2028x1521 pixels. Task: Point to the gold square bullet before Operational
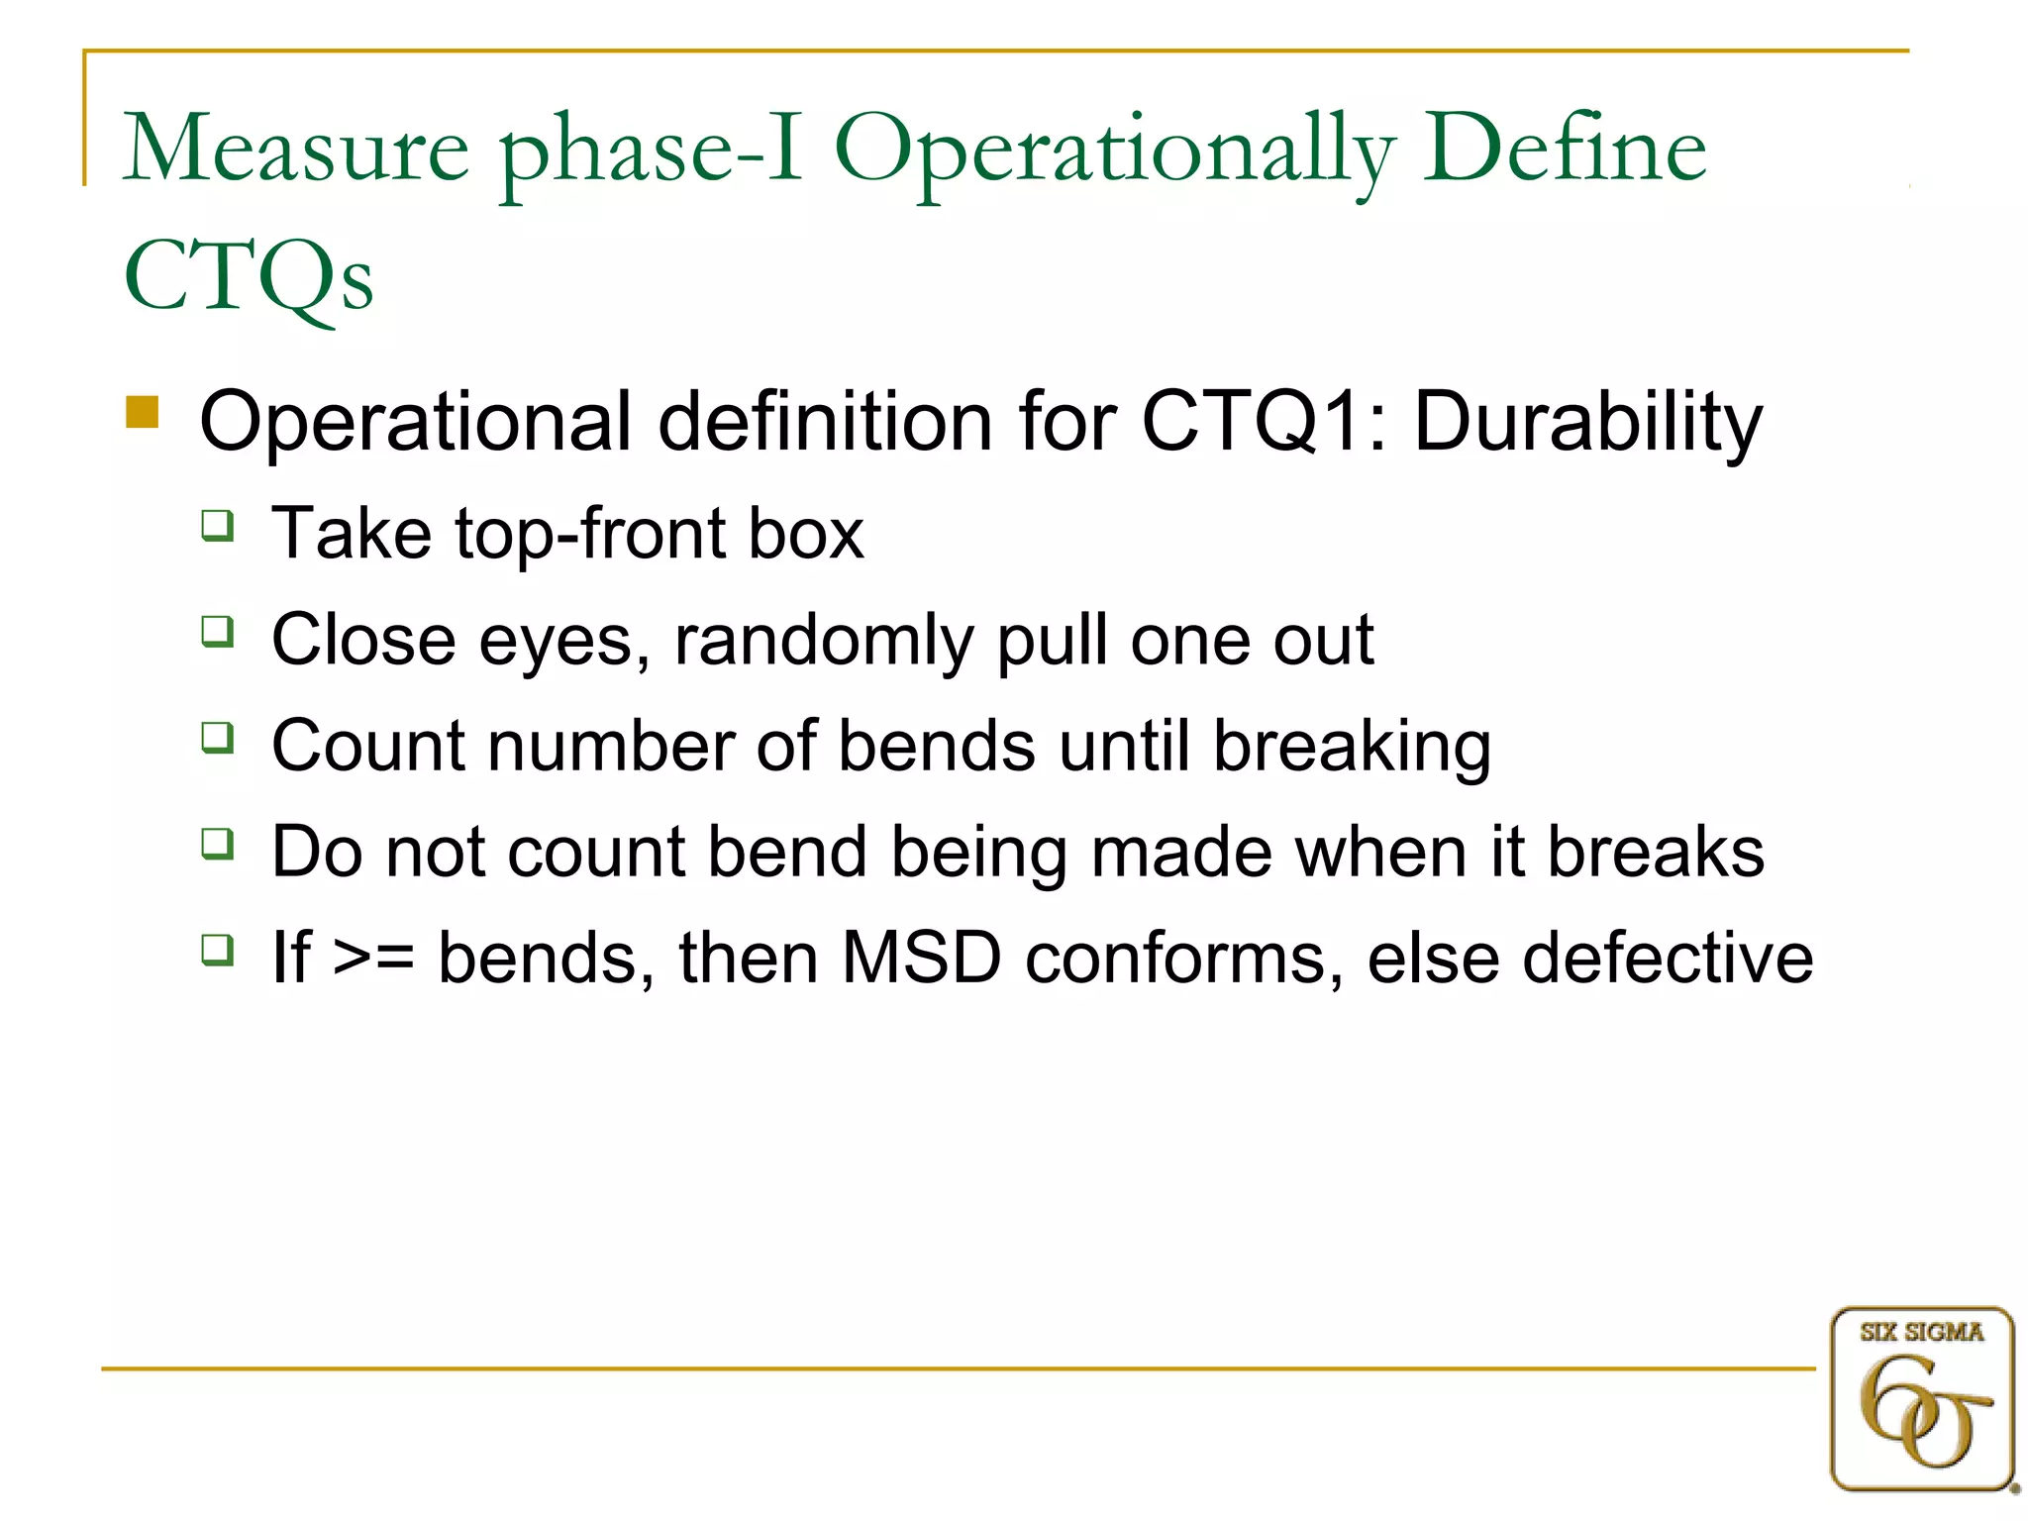coord(143,412)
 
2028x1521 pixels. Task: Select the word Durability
coord(1587,421)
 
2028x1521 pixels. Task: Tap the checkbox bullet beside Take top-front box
coord(218,525)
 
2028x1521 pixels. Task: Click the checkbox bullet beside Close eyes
coord(218,631)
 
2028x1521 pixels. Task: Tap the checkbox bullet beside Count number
coord(218,738)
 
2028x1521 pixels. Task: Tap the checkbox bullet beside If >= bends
coord(218,950)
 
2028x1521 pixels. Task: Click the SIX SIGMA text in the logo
coord(1921,1333)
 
